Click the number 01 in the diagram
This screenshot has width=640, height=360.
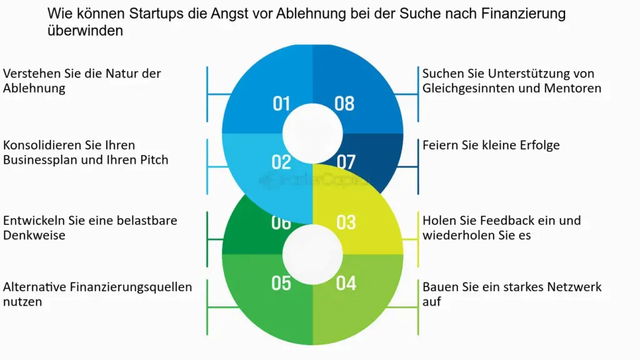point(281,103)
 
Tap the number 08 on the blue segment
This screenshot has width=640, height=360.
point(344,103)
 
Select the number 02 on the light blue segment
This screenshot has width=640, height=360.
point(281,162)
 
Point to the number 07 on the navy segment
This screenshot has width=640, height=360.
point(346,162)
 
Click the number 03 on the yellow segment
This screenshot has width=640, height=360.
point(346,222)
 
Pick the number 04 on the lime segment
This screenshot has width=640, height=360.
point(346,283)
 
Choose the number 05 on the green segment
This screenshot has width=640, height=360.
point(281,283)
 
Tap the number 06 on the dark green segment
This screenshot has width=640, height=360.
point(281,222)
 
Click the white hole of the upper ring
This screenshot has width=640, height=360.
point(312,132)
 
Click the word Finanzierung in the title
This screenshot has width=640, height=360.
point(523,13)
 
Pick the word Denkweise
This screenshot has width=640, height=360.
point(34,236)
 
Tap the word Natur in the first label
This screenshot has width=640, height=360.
point(109,74)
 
